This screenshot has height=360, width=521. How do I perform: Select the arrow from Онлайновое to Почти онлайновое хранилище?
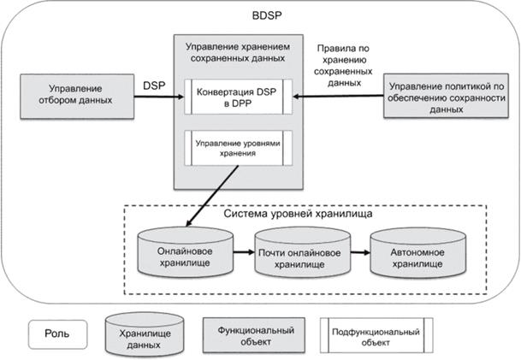click(243, 255)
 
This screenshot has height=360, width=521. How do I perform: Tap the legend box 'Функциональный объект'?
click(245, 334)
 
